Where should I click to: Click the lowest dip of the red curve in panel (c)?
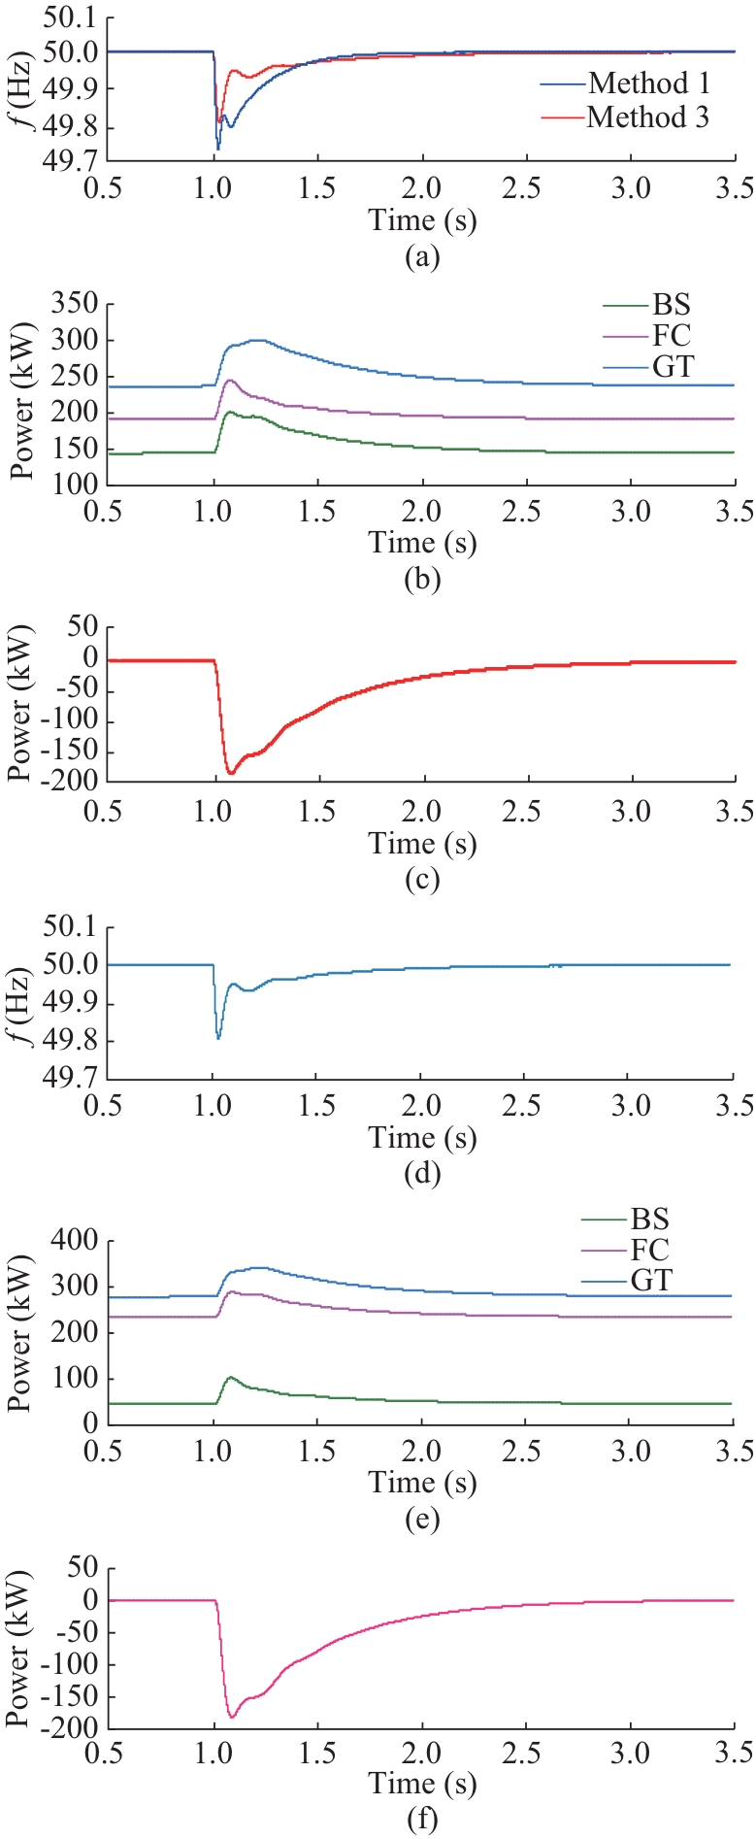pos(231,773)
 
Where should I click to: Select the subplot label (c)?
pos(422,880)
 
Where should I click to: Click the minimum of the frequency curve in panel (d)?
pos(218,1038)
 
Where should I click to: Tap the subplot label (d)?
pos(422,1175)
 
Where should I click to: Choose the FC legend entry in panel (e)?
pos(649,1250)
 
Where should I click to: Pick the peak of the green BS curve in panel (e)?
pos(230,1377)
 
